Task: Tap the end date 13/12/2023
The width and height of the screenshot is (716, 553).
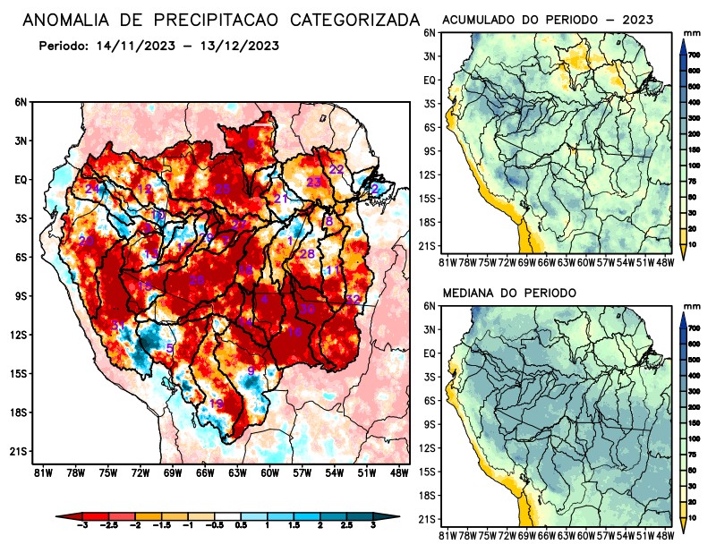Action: pyautogui.click(x=235, y=46)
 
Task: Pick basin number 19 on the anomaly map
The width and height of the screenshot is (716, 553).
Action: pyautogui.click(x=216, y=404)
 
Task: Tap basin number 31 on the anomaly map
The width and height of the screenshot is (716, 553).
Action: pyautogui.click(x=117, y=325)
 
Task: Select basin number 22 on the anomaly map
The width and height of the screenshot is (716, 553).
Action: pyautogui.click(x=337, y=169)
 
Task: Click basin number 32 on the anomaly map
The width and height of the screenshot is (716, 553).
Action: pyautogui.click(x=353, y=299)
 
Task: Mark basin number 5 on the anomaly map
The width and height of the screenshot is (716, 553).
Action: pyautogui.click(x=170, y=347)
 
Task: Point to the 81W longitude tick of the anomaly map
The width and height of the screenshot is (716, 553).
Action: pyautogui.click(x=41, y=472)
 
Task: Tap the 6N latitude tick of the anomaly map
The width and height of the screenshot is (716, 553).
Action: pyautogui.click(x=21, y=102)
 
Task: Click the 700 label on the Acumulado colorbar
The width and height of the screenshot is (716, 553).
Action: pyautogui.click(x=694, y=55)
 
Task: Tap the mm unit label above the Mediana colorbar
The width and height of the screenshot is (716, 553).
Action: pyautogui.click(x=692, y=307)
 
